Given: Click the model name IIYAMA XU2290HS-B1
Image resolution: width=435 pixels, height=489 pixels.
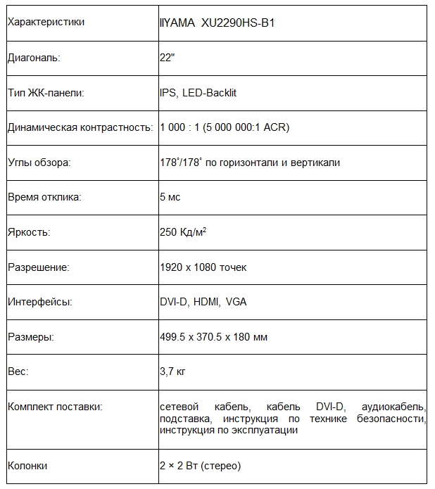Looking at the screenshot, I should pyautogui.click(x=217, y=23).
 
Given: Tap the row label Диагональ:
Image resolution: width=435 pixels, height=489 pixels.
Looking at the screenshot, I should pyautogui.click(x=34, y=58).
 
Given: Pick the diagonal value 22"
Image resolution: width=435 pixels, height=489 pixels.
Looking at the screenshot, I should pyautogui.click(x=168, y=58).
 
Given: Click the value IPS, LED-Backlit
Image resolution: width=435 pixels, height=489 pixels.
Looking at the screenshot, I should pyautogui.click(x=198, y=93).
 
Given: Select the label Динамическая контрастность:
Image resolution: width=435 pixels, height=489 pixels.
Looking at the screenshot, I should pyautogui.click(x=80, y=127).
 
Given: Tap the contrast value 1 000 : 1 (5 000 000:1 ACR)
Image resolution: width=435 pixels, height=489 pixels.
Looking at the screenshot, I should pyautogui.click(x=225, y=127).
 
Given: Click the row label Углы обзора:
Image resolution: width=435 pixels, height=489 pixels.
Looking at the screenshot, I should pyautogui.click(x=39, y=163).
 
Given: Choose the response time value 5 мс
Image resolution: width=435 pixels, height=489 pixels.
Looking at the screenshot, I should pyautogui.click(x=170, y=197).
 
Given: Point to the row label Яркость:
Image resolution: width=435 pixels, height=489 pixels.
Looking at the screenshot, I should pyautogui.click(x=29, y=232).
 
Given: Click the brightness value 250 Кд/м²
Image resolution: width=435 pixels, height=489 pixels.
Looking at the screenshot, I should pyautogui.click(x=183, y=232).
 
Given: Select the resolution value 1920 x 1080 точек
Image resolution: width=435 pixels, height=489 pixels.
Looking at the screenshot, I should pyautogui.click(x=203, y=267).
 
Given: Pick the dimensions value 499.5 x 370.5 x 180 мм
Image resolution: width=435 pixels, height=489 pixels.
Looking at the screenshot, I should pyautogui.click(x=213, y=338).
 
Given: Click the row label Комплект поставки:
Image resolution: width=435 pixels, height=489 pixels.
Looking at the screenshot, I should pyautogui.click(x=55, y=407).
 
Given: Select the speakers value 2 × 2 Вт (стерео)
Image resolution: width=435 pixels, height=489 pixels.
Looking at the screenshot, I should pyautogui.click(x=201, y=466).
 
